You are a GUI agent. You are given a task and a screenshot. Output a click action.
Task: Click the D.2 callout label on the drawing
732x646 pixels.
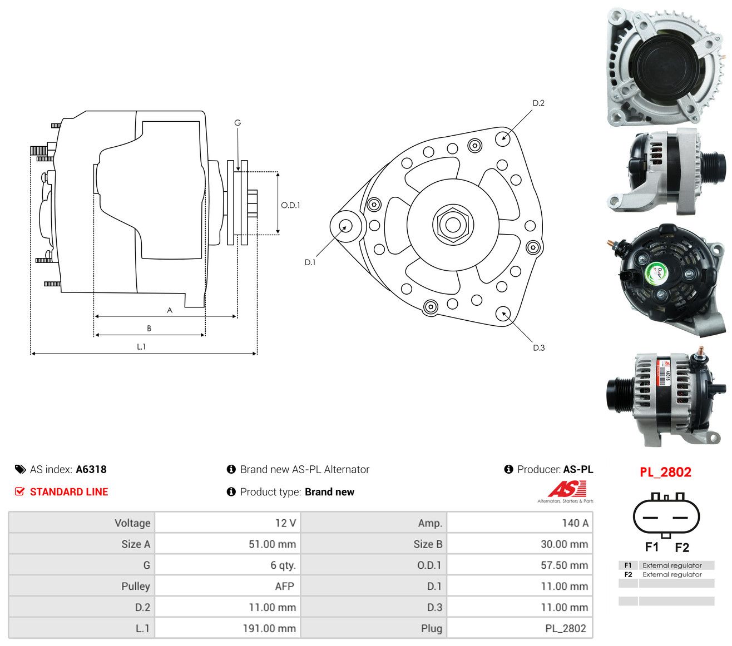click(538, 103)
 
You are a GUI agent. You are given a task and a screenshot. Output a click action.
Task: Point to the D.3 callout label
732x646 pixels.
click(538, 347)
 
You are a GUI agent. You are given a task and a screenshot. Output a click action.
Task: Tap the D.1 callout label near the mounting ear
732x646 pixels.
click(310, 262)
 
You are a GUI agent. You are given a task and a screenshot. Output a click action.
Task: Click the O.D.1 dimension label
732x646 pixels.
click(290, 205)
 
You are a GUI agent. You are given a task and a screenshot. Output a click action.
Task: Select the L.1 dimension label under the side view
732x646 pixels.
click(141, 347)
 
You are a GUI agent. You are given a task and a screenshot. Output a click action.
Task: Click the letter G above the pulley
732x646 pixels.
click(238, 123)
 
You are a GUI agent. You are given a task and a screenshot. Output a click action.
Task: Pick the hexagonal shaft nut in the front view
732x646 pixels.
click(453, 225)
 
